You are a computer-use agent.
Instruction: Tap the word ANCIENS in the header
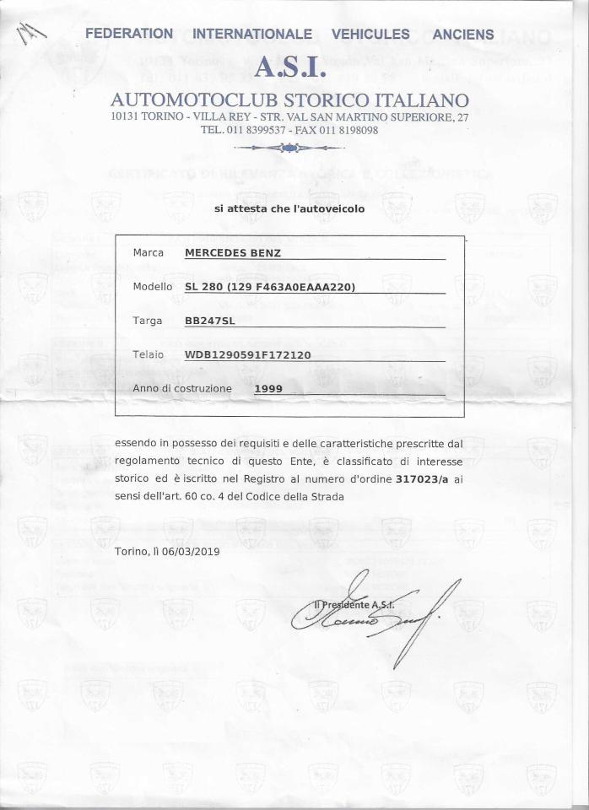462,35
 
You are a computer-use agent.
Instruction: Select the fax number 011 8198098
345,131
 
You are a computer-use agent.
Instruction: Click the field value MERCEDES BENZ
233,252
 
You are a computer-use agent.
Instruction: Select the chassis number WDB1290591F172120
247,355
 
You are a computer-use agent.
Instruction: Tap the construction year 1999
268,389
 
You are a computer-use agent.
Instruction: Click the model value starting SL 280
270,287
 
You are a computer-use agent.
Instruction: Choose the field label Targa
148,321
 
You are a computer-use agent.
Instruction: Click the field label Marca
149,252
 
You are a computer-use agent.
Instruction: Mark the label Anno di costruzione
181,389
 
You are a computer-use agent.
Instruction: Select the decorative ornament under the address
289,148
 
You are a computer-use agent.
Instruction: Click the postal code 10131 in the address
127,116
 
